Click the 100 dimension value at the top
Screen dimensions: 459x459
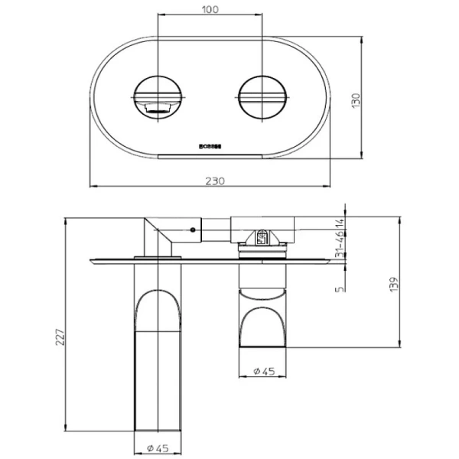(x=211, y=10)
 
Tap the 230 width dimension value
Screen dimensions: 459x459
(x=215, y=180)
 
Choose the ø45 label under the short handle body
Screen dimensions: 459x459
(x=264, y=371)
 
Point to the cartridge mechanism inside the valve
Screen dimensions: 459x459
(x=262, y=239)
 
